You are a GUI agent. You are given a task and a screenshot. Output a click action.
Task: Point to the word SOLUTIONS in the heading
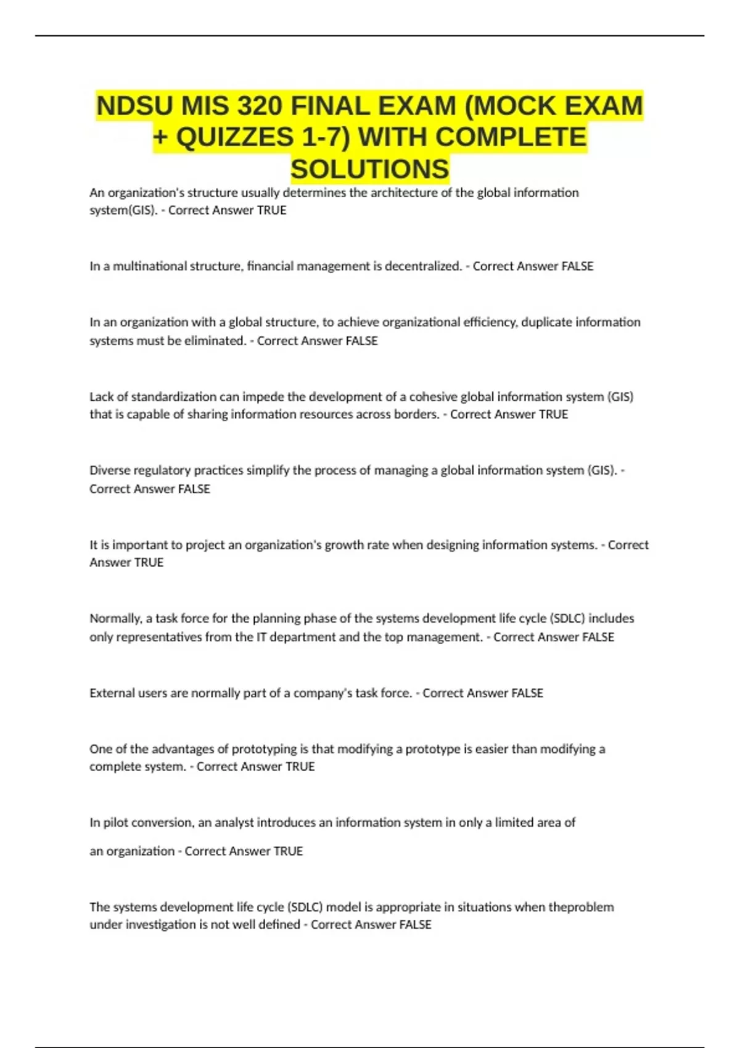point(370,169)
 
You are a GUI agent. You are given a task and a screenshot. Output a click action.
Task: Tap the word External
point(112,693)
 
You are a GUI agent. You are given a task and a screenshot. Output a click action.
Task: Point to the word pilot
point(115,822)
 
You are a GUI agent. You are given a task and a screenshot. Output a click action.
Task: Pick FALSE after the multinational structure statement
point(577,266)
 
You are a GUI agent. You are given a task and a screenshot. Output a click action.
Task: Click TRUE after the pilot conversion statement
point(288,851)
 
